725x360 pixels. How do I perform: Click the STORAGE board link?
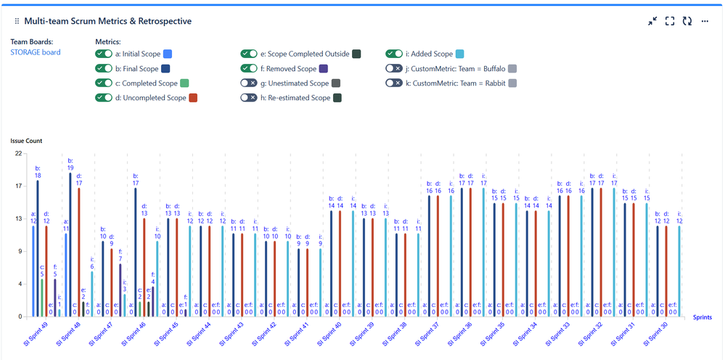click(35, 52)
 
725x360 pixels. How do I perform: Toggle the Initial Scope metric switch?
click(104, 54)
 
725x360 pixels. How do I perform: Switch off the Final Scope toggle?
click(104, 69)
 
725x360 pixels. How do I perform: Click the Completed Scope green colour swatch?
click(184, 83)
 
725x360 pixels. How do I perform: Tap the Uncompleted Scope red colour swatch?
click(193, 98)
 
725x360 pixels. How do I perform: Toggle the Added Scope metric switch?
click(394, 54)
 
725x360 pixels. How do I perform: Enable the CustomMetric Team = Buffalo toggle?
click(394, 69)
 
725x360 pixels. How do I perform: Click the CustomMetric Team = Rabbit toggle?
click(394, 83)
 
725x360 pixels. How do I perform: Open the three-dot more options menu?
click(705, 22)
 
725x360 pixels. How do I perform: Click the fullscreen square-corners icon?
click(670, 22)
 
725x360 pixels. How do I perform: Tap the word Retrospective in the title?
click(161, 22)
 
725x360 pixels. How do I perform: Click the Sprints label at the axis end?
click(702, 317)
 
